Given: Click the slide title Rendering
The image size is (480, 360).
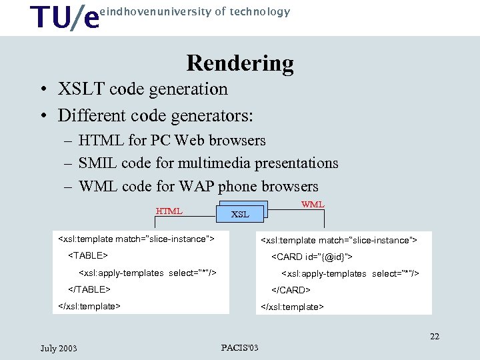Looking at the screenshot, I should pos(240,63).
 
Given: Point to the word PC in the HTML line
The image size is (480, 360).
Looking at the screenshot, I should pos(161,141).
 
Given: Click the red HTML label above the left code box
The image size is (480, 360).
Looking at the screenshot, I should pos(169,211).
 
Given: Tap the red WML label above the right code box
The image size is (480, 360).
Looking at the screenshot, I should pos(313,204).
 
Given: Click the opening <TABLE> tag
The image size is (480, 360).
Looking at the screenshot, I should pos(88,255).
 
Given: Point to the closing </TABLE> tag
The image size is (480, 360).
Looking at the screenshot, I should pos(89,289).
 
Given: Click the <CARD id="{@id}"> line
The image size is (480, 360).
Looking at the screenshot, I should pos(311,257).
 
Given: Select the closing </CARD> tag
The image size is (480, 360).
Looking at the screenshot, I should pos(290,290).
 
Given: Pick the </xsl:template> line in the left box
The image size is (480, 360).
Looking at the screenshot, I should pos(90,306).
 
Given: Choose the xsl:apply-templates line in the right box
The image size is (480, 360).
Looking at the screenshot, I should pos(350,273).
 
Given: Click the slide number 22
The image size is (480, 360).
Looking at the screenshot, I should pos(435,336).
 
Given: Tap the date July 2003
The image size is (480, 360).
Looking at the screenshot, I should pos(59,348).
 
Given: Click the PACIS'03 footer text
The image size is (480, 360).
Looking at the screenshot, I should pos(239,347).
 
